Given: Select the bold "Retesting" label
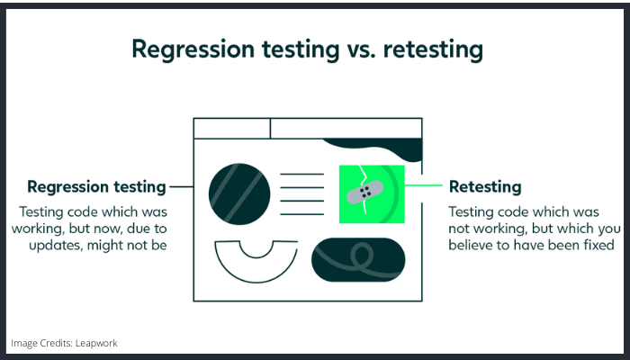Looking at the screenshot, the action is [485, 187].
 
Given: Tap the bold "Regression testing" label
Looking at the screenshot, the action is [96, 187].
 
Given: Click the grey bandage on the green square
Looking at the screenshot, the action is [364, 192].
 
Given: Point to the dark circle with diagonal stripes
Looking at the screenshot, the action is [239, 193].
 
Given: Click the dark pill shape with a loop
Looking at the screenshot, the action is [358, 259].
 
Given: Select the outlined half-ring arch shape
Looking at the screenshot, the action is [256, 268].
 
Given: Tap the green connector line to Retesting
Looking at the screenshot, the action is [424, 185].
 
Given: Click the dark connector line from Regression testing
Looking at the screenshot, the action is [182, 186].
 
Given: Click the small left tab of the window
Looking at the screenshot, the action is [232, 128].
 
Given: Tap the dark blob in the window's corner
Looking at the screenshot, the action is [374, 148].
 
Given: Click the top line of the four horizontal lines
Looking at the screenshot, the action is [301, 174].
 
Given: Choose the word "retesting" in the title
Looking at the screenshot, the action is [433, 49].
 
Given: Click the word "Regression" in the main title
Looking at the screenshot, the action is [193, 49].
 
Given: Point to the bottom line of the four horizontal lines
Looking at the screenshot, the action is [301, 214].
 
